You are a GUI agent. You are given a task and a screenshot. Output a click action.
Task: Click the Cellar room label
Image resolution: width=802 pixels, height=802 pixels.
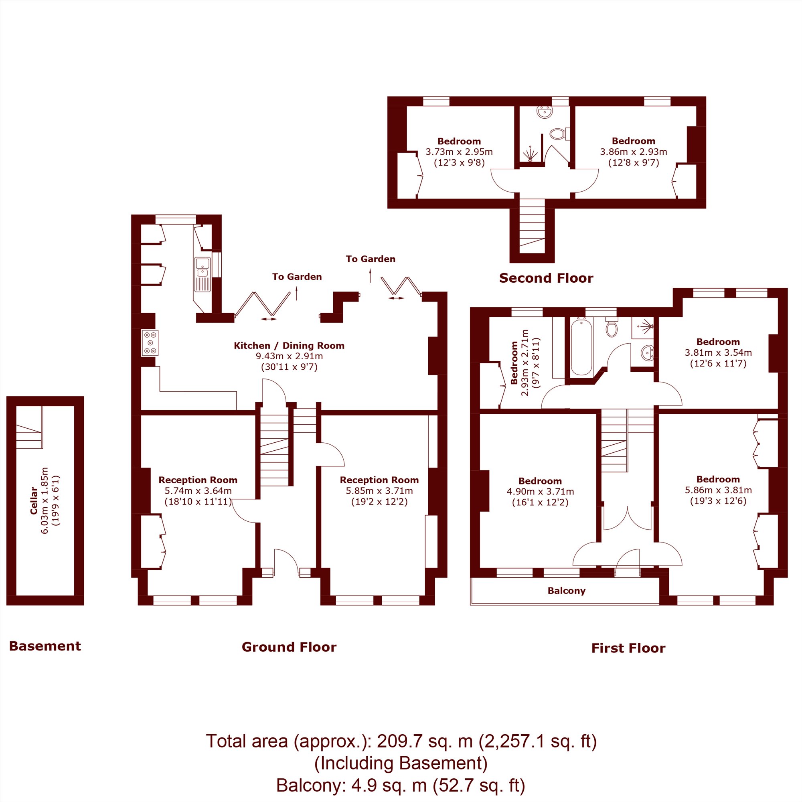pyautogui.click(x=34, y=500)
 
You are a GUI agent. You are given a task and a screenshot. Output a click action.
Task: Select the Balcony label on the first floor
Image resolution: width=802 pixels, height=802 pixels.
pyautogui.click(x=566, y=591)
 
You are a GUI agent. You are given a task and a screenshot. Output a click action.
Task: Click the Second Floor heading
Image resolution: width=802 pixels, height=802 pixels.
pyautogui.click(x=546, y=278)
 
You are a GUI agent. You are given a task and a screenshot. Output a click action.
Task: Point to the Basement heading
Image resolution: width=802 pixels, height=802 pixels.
pyautogui.click(x=45, y=646)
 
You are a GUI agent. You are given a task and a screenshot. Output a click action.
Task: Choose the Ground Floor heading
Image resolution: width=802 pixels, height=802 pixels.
pyautogui.click(x=289, y=647)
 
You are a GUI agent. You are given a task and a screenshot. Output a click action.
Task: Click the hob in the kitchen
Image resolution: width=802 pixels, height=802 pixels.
pyautogui.click(x=150, y=343)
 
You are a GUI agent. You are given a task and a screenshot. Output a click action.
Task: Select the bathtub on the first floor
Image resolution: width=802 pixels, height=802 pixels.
pyautogui.click(x=581, y=346)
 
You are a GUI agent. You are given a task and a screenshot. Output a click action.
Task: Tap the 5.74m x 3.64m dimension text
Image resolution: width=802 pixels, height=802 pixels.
pyautogui.click(x=198, y=491)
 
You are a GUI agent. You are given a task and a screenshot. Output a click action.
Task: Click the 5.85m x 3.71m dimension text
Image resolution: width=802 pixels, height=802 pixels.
pyautogui.click(x=379, y=491)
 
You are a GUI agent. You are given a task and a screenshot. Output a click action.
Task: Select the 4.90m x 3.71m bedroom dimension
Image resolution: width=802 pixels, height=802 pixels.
pyautogui.click(x=540, y=492)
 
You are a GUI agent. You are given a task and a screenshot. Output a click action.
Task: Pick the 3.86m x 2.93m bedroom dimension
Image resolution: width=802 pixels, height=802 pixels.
pyautogui.click(x=634, y=152)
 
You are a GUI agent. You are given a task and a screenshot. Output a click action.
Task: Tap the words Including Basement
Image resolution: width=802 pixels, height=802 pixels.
pyautogui.click(x=401, y=763)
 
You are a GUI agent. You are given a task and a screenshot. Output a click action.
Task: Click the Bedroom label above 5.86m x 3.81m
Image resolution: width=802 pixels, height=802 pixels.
pyautogui.click(x=718, y=479)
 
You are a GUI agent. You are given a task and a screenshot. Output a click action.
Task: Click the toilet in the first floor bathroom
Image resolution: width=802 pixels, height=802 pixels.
pyautogui.click(x=612, y=328)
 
